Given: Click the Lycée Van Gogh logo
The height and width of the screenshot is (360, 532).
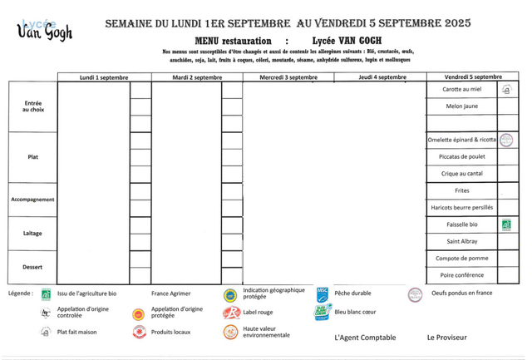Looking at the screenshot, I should [x=45, y=29].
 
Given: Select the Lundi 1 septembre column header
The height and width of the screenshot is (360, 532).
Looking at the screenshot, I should [x=104, y=77].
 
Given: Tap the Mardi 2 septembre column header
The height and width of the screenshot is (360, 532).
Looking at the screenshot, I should [x=197, y=77].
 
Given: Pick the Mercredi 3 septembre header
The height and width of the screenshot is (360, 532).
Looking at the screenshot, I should [x=288, y=77].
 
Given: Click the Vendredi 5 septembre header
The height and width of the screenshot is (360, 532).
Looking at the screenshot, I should [x=472, y=77].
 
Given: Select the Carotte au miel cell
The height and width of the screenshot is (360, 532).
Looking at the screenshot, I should [x=462, y=90].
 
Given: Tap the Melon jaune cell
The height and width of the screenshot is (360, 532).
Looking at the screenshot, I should [x=462, y=107].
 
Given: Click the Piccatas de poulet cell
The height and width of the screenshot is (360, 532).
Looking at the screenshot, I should [x=462, y=156].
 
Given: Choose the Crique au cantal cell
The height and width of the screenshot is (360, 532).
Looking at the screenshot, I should [x=462, y=174].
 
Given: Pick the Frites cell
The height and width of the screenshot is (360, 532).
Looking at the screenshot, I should [x=462, y=190].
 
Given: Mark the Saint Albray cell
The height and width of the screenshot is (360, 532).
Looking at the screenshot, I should [x=462, y=241].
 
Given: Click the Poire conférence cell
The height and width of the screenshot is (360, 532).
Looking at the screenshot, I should [x=462, y=275].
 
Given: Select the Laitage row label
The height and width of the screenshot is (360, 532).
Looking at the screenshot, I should [x=32, y=234].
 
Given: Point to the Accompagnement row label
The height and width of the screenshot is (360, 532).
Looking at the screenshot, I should [x=32, y=200].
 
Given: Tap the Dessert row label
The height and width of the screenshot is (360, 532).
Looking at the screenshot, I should [x=32, y=267].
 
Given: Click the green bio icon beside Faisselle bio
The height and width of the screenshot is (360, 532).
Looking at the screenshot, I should [x=506, y=224].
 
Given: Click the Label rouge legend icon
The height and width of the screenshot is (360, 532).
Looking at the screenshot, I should [x=229, y=313].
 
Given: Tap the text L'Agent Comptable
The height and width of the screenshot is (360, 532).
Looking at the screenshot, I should [x=365, y=338].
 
